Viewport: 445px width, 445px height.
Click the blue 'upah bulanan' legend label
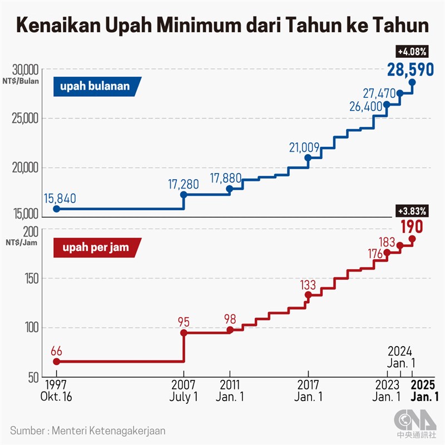coord(96,86)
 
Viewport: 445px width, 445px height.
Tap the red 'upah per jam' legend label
coord(96,248)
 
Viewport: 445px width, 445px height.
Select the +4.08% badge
coord(412,52)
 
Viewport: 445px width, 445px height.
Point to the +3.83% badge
coord(412,211)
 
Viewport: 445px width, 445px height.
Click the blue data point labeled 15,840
coord(56,209)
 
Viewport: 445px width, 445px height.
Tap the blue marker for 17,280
coord(184,195)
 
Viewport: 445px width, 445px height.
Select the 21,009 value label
coord(304,147)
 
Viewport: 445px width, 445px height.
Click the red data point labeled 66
coord(56,361)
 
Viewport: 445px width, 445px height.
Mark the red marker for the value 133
coord(308,294)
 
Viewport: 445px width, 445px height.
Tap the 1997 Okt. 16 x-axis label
coord(56,390)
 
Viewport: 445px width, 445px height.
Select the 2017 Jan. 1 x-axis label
coord(308,390)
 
